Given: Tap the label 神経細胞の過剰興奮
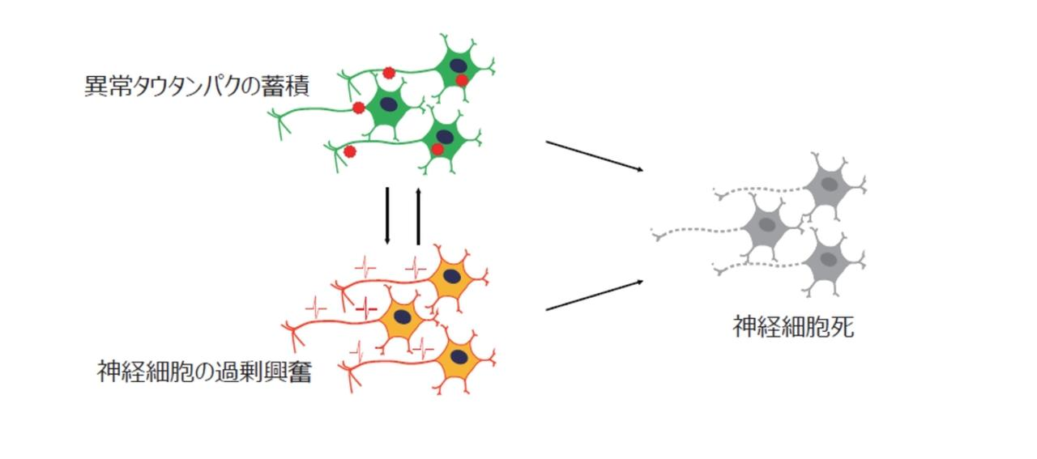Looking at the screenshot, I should click(x=204, y=372).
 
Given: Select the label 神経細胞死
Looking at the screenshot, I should click(x=793, y=327).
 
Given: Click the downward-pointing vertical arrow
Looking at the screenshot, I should click(x=388, y=216).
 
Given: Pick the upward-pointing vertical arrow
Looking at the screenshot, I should click(x=418, y=216).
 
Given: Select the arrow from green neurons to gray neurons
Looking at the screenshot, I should click(x=595, y=155).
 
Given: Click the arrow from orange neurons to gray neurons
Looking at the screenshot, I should click(x=595, y=295).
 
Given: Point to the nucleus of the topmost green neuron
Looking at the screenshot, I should click(x=458, y=65).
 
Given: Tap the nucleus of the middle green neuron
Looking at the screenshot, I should click(x=390, y=104).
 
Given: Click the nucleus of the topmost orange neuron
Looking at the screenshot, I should click(x=455, y=277).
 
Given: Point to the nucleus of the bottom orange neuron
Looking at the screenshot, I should click(x=459, y=356).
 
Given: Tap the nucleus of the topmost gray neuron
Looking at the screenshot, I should click(x=830, y=183).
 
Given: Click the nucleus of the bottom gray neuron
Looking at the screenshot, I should click(x=828, y=260).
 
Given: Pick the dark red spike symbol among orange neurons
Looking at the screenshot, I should click(x=366, y=308).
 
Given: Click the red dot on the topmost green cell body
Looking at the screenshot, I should click(x=461, y=79).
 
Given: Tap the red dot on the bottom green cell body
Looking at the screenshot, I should click(x=437, y=149).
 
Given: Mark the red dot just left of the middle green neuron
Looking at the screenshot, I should click(x=358, y=108).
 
